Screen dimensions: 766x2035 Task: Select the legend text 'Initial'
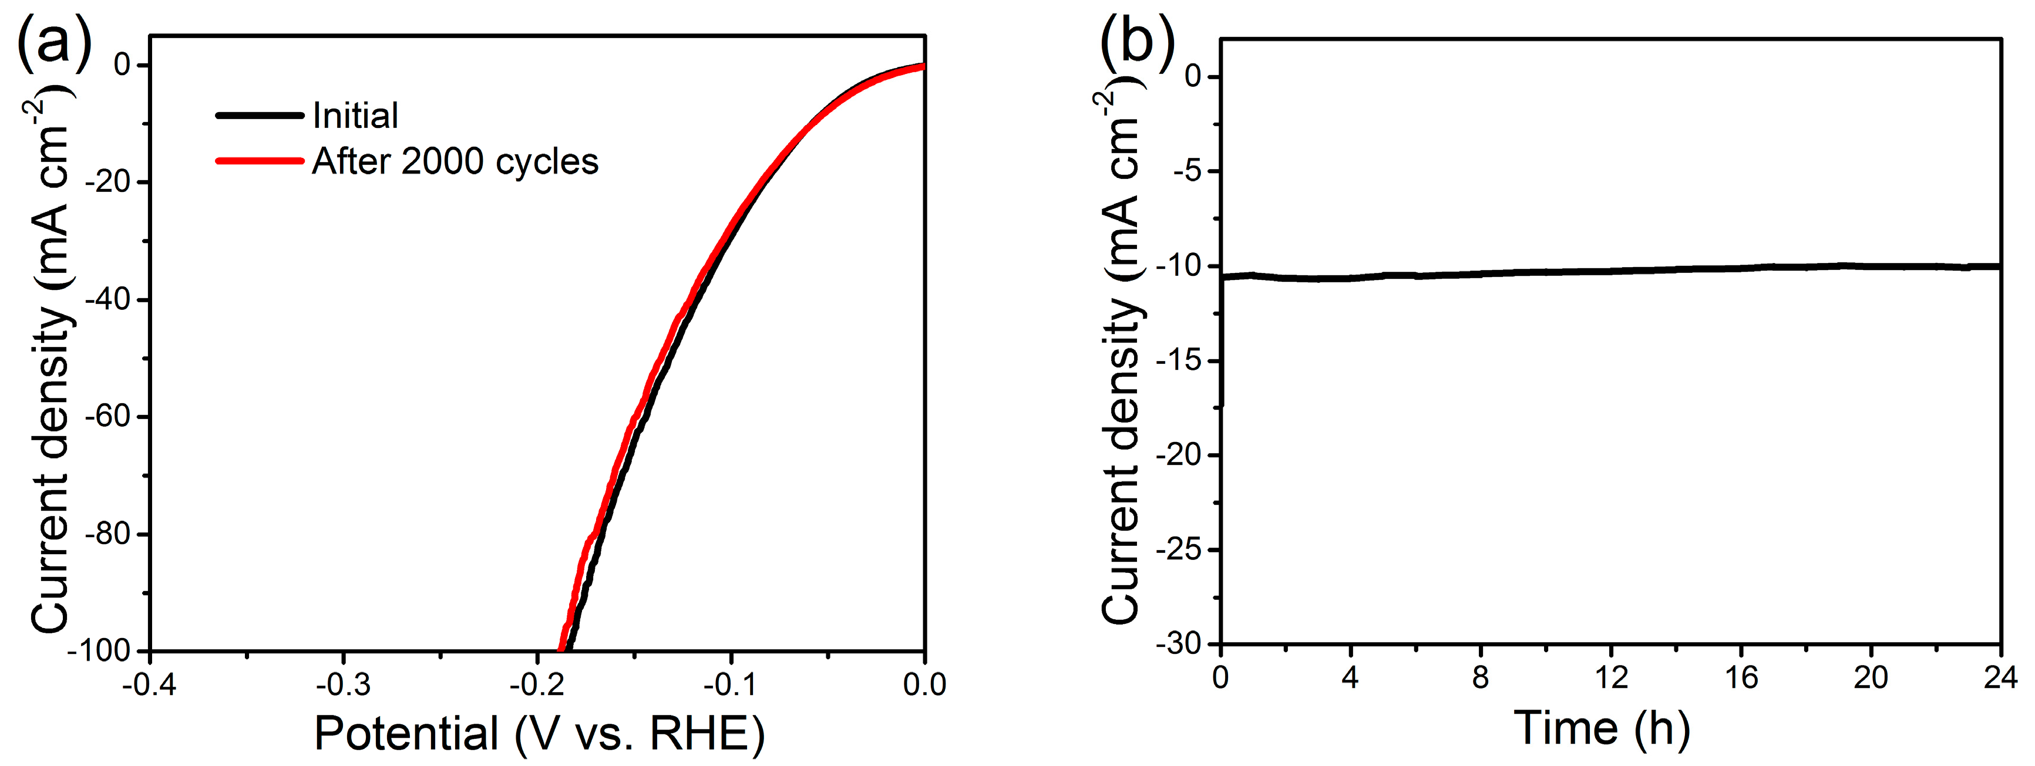[x=355, y=116]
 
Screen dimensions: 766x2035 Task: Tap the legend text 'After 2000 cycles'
[x=455, y=161]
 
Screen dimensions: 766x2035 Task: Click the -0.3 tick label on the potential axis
[x=343, y=684]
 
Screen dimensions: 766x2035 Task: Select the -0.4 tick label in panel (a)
[x=149, y=684]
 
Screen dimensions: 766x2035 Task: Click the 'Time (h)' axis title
[x=1602, y=728]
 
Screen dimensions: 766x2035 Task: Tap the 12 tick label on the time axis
[x=1611, y=677]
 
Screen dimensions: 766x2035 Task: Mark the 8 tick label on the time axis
[x=1481, y=677]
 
